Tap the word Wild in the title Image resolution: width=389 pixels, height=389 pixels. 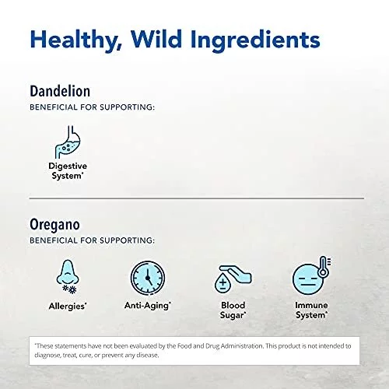click(x=156, y=39)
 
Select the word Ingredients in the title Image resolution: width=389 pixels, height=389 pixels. click(x=255, y=40)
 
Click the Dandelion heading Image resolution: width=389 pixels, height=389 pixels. click(x=60, y=91)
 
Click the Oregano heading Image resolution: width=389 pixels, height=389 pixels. click(x=54, y=225)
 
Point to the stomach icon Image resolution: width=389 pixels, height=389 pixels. click(x=68, y=142)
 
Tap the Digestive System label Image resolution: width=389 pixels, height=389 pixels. click(x=68, y=171)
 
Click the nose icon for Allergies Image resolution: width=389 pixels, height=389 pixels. click(x=68, y=276)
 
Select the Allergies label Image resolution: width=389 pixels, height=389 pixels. click(x=68, y=306)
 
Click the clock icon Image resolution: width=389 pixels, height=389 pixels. click(x=148, y=278)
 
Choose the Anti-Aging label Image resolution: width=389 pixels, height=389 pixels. click(x=148, y=306)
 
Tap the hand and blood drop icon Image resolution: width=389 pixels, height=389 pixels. click(x=233, y=279)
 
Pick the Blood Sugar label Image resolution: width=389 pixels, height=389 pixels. click(x=233, y=310)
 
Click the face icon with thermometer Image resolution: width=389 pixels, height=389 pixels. click(x=311, y=275)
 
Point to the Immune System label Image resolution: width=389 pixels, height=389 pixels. click(x=311, y=310)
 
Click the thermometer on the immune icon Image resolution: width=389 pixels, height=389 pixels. click(x=324, y=267)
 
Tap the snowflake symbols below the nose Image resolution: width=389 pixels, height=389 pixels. click(x=70, y=289)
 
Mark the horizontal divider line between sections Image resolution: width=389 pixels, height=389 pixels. click(x=197, y=198)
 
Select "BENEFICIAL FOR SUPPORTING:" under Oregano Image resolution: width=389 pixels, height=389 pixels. click(x=93, y=240)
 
